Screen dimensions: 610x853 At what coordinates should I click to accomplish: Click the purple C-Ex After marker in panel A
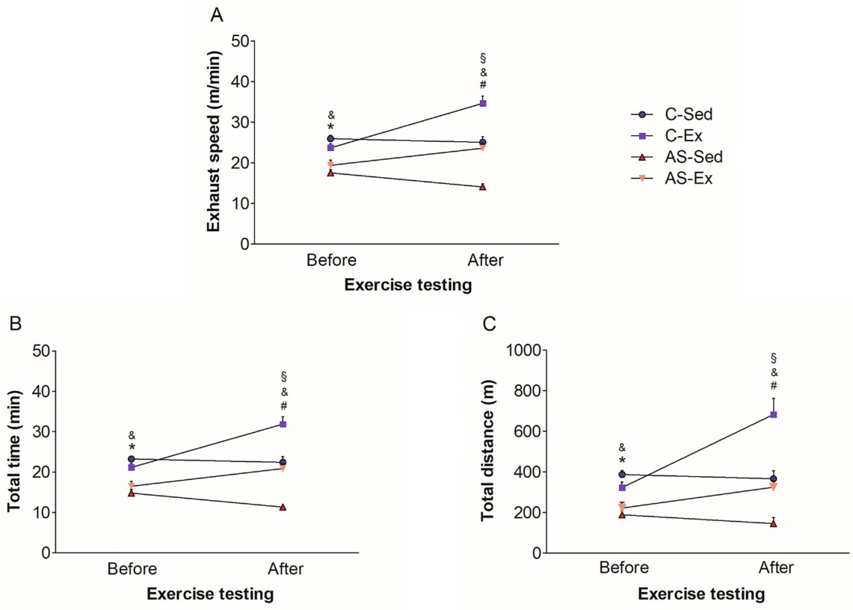[x=483, y=103]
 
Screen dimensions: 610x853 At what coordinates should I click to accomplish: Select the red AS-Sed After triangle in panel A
[x=483, y=187]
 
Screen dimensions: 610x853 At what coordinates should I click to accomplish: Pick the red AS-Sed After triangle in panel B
[x=283, y=507]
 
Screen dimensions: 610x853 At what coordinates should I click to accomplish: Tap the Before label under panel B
[x=132, y=570]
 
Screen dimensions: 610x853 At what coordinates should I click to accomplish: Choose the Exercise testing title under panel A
[x=406, y=284]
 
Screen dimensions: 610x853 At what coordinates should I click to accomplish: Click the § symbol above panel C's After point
[x=774, y=357]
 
